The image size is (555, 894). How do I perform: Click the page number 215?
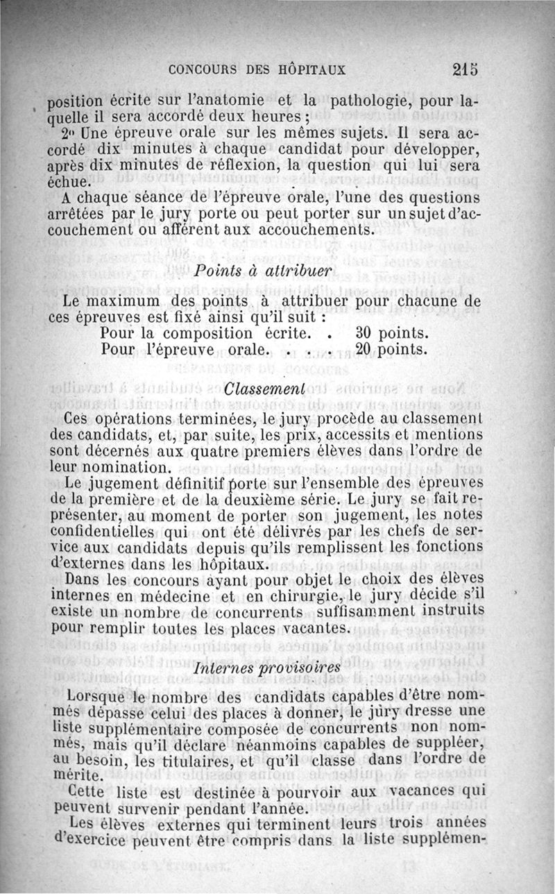click(464, 69)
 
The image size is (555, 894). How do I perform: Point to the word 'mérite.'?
click(72, 776)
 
